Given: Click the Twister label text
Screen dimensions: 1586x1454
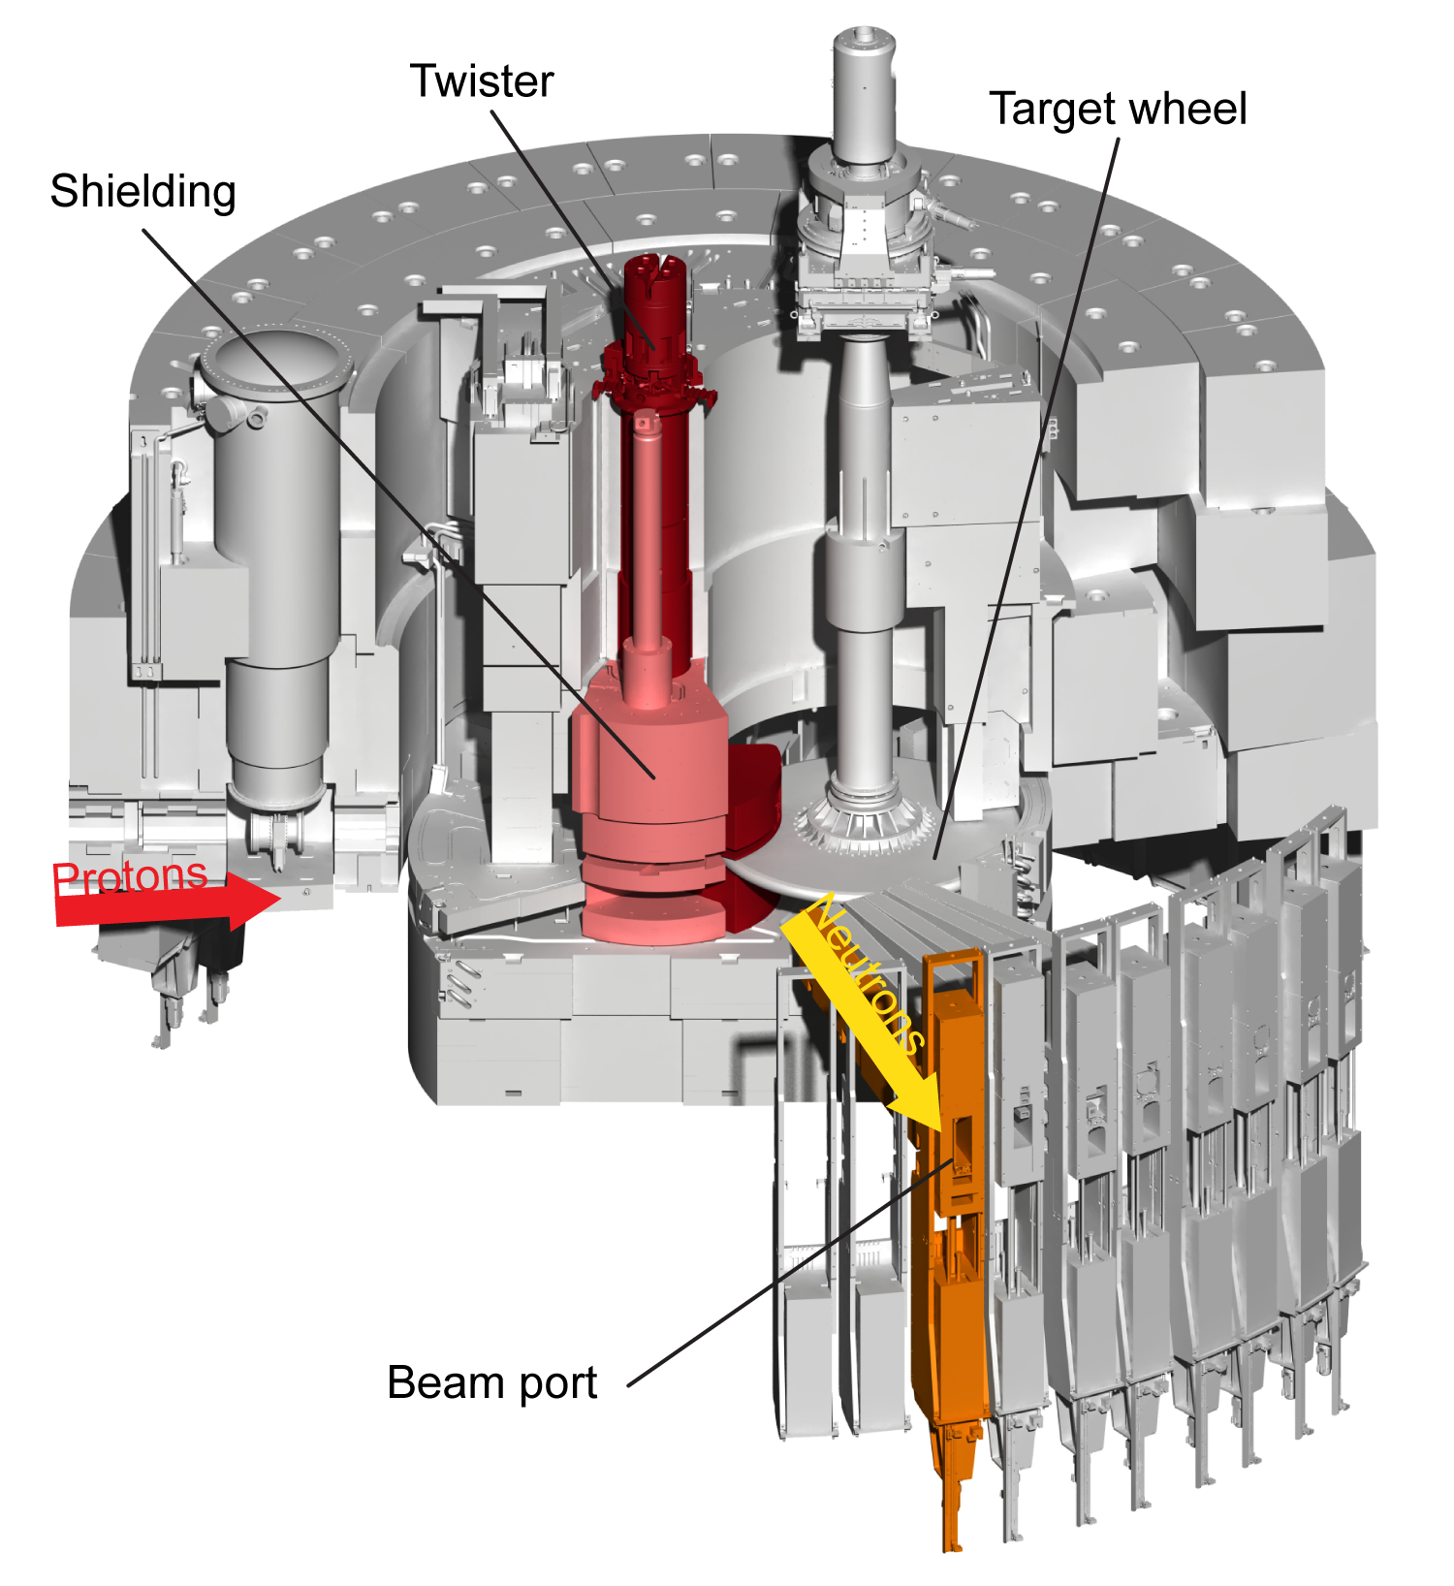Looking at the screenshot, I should pos(482,81).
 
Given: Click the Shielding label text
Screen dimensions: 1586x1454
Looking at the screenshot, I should pos(143,192).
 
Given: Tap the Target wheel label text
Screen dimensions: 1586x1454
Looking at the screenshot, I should pos(1118,109).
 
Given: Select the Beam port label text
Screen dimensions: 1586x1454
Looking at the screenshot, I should pos(491,1382).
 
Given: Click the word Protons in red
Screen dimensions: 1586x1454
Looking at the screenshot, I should pos(130,876).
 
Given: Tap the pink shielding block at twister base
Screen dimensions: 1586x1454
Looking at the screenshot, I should pos(649,776).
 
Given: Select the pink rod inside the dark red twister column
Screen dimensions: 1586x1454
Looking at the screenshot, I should pos(647,523).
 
